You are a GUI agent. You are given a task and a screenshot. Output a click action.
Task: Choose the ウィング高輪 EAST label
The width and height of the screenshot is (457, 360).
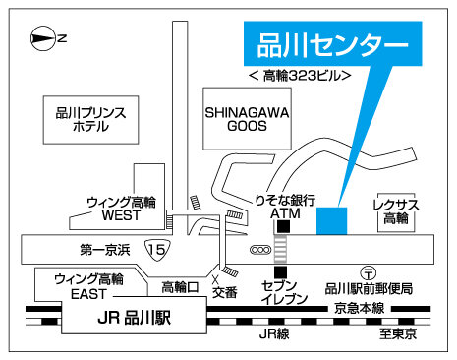click(88, 285)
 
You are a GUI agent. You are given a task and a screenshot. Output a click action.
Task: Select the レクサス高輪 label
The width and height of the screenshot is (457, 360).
click(397, 210)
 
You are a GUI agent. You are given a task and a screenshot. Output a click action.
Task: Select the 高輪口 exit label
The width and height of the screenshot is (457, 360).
click(180, 287)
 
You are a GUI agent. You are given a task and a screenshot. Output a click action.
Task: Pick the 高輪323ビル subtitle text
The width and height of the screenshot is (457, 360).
click(300, 77)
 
